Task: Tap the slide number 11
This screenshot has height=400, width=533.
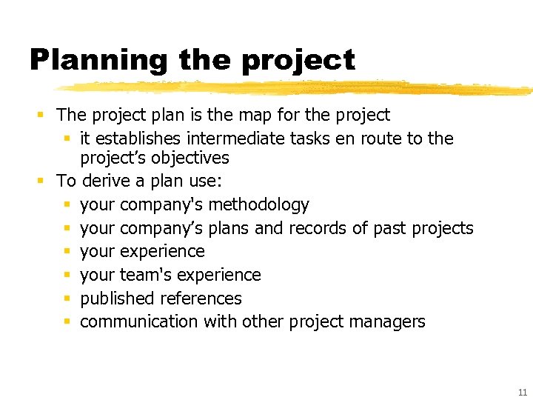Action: click(523, 393)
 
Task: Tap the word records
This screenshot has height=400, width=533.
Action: click(317, 228)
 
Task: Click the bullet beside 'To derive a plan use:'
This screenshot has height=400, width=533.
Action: click(41, 181)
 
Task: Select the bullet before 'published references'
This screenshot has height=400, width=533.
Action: click(67, 299)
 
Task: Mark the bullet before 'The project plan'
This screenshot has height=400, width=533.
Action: click(41, 115)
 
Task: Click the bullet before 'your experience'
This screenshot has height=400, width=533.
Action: click(67, 252)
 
